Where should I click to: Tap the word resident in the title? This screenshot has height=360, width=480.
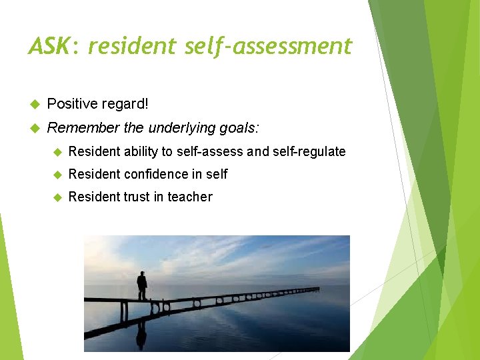pyautogui.click(x=131, y=46)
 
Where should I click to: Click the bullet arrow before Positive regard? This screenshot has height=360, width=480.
pyautogui.click(x=35, y=104)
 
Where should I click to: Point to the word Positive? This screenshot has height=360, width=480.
pyautogui.click(x=71, y=104)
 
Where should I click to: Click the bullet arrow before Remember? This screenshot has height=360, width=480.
pyautogui.click(x=35, y=128)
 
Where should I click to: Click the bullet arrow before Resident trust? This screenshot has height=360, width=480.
pyautogui.click(x=57, y=197)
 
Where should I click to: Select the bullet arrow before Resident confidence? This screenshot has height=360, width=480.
pyautogui.click(x=57, y=174)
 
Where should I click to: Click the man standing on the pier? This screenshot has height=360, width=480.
pyautogui.click(x=141, y=285)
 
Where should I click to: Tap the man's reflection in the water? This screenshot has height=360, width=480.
pyautogui.click(x=141, y=333)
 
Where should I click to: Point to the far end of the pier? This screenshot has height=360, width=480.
pyautogui.click(x=317, y=289)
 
